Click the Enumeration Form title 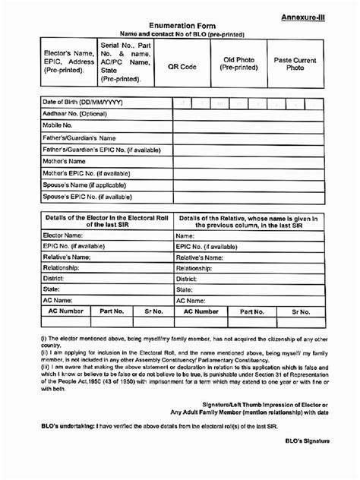[x=180, y=26]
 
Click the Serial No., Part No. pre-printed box [x=120, y=62]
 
